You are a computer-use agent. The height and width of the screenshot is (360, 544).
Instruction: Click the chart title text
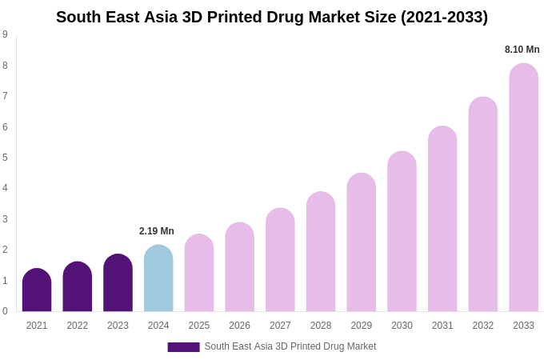(x=272, y=17)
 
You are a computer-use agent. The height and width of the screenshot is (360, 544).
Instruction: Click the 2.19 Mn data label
(x=157, y=231)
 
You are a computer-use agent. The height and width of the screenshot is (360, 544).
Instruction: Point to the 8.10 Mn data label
(x=522, y=50)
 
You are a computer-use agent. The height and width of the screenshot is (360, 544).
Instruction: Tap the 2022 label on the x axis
(x=78, y=326)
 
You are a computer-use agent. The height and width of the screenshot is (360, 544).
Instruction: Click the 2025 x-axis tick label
(x=199, y=326)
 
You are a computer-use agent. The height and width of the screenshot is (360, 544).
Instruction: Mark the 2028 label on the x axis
(x=321, y=326)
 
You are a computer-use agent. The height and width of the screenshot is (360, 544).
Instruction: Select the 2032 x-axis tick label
(x=483, y=326)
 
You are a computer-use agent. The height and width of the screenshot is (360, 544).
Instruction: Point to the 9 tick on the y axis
(x=5, y=34)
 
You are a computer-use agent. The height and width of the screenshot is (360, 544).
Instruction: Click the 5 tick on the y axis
(x=5, y=158)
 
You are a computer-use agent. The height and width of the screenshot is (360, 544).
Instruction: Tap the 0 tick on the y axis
(x=5, y=311)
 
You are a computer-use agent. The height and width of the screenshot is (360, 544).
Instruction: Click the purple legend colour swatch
(x=183, y=347)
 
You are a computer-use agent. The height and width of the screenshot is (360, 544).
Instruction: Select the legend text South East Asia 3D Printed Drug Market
(x=290, y=346)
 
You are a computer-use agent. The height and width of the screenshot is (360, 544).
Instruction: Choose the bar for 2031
(x=442, y=219)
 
